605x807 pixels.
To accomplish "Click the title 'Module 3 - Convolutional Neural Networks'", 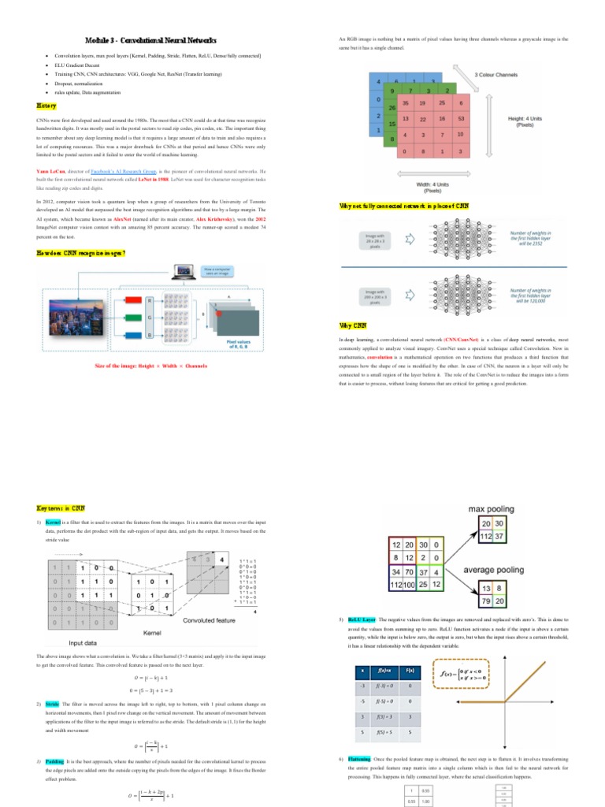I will pos(150,40).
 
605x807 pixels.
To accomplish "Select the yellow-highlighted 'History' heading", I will pos(46,105).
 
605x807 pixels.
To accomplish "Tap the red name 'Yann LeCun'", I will pos(49,170).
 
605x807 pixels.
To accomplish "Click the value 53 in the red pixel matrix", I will pos(461,118).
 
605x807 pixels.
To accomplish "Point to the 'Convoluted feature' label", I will pos(213,619).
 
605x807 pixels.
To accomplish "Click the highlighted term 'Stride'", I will pos(52,703).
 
